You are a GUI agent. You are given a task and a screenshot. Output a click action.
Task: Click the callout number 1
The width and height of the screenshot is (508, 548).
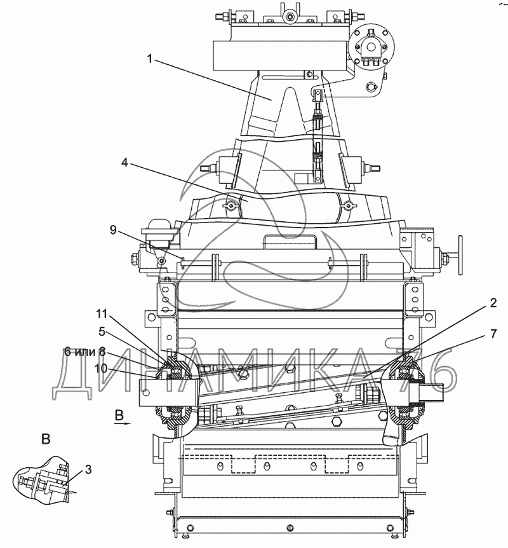[x=150, y=59]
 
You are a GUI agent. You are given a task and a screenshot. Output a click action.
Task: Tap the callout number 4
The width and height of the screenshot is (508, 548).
[x=124, y=162]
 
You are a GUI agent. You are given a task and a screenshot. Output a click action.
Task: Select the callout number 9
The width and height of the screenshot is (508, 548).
[x=113, y=230]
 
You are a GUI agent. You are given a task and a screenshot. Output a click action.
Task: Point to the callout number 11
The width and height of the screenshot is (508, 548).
[x=102, y=314]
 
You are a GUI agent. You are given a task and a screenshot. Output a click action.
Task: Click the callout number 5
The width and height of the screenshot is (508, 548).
[x=102, y=331]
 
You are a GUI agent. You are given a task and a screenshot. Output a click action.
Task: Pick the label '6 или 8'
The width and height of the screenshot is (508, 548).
[x=85, y=352]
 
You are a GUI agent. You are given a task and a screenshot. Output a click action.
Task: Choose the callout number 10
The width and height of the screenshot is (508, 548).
[x=100, y=368]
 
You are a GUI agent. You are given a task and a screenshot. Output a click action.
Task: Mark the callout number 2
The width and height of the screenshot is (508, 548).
[x=493, y=303]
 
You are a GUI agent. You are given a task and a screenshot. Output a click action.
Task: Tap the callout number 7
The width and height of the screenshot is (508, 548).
[x=493, y=334]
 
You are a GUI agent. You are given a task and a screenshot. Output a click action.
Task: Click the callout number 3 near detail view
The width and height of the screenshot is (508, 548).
[x=88, y=469]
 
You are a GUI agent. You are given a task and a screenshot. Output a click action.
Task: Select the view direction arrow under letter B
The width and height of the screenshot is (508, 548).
[x=122, y=423]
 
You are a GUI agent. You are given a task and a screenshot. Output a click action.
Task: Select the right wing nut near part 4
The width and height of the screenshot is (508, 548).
[x=347, y=206]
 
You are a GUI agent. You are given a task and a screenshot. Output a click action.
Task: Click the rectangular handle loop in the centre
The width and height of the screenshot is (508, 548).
[x=290, y=241]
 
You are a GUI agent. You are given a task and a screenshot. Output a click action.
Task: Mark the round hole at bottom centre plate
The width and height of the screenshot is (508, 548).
[x=290, y=528]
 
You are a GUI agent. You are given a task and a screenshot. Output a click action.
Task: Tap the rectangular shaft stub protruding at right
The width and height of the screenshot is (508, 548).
[x=433, y=392]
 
